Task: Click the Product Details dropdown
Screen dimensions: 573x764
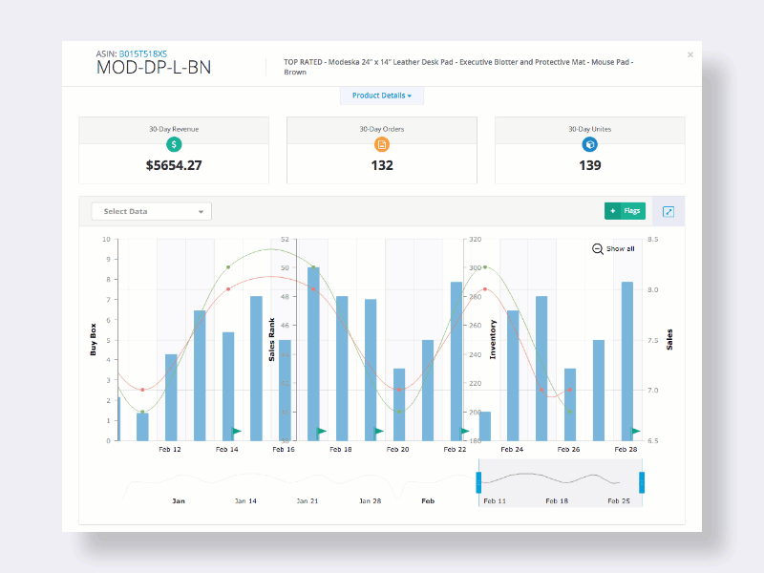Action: [381, 95]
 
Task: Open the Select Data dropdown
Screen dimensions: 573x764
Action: [151, 211]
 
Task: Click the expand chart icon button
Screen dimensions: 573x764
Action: [668, 211]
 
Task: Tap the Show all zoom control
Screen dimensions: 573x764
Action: [613, 248]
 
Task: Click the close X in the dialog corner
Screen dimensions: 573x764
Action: [690, 54]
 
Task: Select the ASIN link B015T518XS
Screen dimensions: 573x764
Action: [144, 53]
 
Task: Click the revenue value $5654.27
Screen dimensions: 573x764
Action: [174, 165]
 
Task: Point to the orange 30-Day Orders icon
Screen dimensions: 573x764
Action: [382, 145]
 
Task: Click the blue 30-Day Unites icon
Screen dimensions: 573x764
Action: [589, 145]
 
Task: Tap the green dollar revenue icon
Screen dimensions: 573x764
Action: [174, 145]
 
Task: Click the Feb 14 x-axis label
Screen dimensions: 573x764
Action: [227, 449]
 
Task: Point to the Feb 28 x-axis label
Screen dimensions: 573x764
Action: [626, 449]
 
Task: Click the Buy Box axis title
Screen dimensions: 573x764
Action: [94, 339]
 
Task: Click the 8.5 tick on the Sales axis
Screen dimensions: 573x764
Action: [652, 240]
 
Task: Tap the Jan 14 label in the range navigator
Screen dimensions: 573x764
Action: [246, 500]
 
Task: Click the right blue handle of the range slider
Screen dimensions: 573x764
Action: [642, 481]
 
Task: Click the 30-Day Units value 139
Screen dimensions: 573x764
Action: [589, 165]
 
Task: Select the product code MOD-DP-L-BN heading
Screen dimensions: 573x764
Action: [154, 68]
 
